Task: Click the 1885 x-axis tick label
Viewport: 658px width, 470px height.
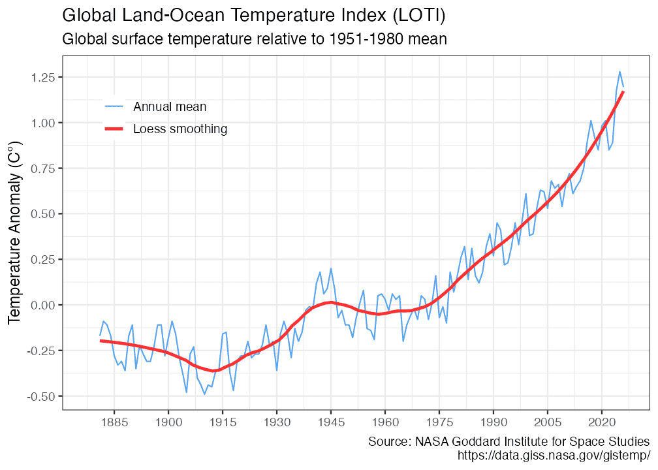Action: [x=114, y=422]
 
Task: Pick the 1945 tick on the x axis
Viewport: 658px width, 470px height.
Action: [x=331, y=422]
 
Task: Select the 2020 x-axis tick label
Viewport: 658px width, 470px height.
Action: [x=602, y=422]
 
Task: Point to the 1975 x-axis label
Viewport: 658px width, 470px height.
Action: [x=439, y=422]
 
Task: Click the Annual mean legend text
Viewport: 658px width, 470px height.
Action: [x=170, y=106]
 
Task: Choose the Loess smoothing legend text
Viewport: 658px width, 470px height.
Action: [x=180, y=129]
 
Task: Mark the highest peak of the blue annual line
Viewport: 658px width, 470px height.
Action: [x=619, y=72]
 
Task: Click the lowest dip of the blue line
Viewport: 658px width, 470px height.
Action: [x=204, y=394]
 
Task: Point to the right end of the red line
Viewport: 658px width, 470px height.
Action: [x=623, y=92]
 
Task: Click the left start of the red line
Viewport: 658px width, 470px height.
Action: [x=101, y=341]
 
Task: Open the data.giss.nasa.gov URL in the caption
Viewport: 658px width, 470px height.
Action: [x=555, y=454]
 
